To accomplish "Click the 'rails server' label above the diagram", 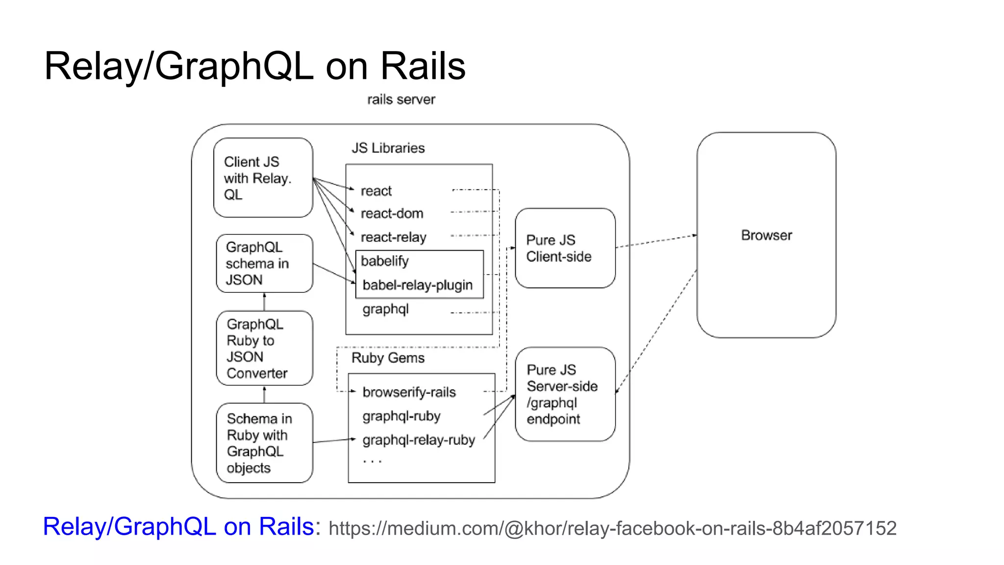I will click(x=401, y=100).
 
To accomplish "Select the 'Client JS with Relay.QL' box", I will click(x=263, y=178).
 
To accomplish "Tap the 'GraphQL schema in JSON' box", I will click(x=264, y=263).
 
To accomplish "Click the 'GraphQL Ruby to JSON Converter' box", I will click(x=264, y=348).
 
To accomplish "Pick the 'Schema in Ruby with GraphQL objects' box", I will click(x=264, y=443).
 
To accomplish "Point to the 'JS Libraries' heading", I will click(x=388, y=148).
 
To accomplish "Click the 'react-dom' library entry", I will click(x=392, y=214).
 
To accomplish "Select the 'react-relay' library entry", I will click(x=393, y=237).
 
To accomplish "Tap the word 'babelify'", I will click(x=384, y=261).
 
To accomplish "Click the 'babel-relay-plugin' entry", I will click(x=417, y=285).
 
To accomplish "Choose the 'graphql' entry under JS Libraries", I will click(x=385, y=309).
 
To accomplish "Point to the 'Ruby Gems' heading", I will click(x=388, y=358).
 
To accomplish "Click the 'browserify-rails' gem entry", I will click(x=409, y=392).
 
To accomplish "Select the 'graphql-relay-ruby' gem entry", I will click(x=419, y=440).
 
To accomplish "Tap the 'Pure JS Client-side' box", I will click(x=565, y=248).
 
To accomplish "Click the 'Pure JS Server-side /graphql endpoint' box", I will click(x=565, y=394).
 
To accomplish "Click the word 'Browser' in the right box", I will click(x=766, y=235).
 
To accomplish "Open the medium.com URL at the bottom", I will click(x=612, y=528).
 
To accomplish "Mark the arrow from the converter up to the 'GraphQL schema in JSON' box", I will click(x=264, y=302).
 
